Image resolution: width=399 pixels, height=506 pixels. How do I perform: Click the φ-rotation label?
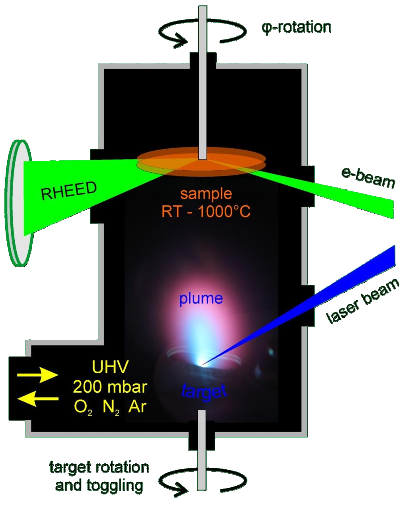[296, 27]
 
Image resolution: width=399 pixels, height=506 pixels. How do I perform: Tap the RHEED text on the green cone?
[69, 191]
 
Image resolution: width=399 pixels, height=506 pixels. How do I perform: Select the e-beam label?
[367, 178]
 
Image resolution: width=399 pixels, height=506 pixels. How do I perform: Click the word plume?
[201, 299]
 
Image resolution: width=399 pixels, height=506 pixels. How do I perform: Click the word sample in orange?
[206, 194]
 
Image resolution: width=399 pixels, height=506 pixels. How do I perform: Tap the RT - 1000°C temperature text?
[206, 212]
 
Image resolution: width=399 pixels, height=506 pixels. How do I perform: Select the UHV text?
[111, 367]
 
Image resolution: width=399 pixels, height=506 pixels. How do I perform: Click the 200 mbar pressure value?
[110, 387]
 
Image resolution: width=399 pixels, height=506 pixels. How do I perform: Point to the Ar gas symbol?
[137, 407]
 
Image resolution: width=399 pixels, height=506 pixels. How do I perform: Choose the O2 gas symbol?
[83, 408]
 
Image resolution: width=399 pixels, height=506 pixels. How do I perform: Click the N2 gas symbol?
[111, 408]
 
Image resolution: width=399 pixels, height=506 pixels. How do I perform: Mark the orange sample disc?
[201, 162]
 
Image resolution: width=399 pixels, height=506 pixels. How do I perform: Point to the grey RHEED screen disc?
[18, 203]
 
